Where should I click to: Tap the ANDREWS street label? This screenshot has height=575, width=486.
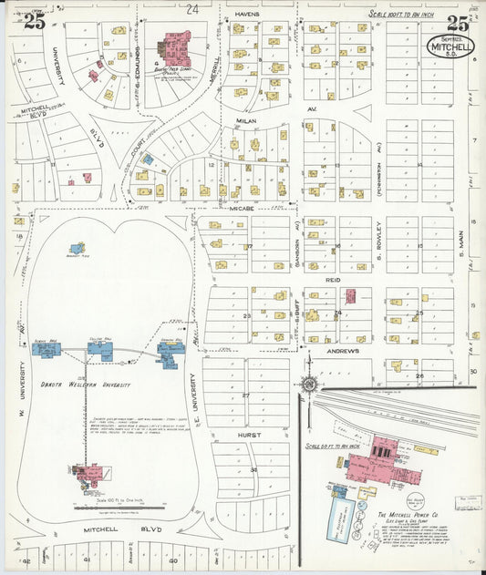[338, 351]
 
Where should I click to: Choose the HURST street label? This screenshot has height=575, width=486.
[250, 435]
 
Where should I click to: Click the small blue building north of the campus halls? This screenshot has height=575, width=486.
[78, 248]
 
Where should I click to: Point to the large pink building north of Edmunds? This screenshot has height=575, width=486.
[171, 46]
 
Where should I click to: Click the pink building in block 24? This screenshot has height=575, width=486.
[349, 296]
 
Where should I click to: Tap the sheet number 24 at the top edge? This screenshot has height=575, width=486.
[191, 9]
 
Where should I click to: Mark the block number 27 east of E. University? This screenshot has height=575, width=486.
[246, 395]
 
